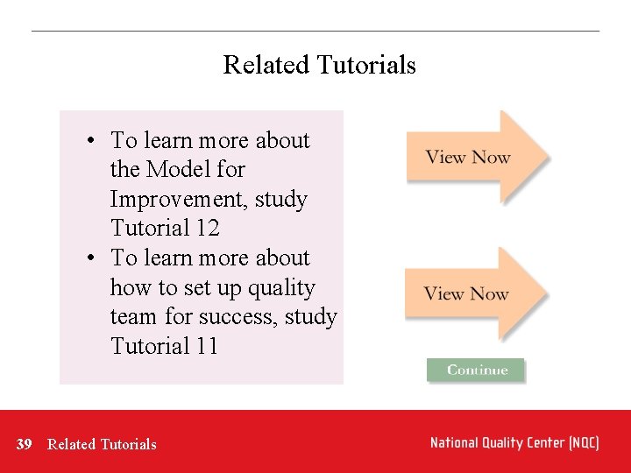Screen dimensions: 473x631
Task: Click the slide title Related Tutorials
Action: click(319, 65)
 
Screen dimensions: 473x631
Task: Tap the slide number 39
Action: click(25, 444)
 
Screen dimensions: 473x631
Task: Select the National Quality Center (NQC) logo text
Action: click(514, 443)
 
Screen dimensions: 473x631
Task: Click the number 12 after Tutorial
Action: click(207, 229)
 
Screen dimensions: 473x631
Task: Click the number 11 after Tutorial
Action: click(206, 346)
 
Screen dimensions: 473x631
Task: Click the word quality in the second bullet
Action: click(281, 287)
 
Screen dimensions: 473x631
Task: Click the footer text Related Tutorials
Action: click(102, 444)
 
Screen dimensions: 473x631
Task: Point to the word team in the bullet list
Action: click(133, 316)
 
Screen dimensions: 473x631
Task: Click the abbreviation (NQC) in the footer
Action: click(583, 443)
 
